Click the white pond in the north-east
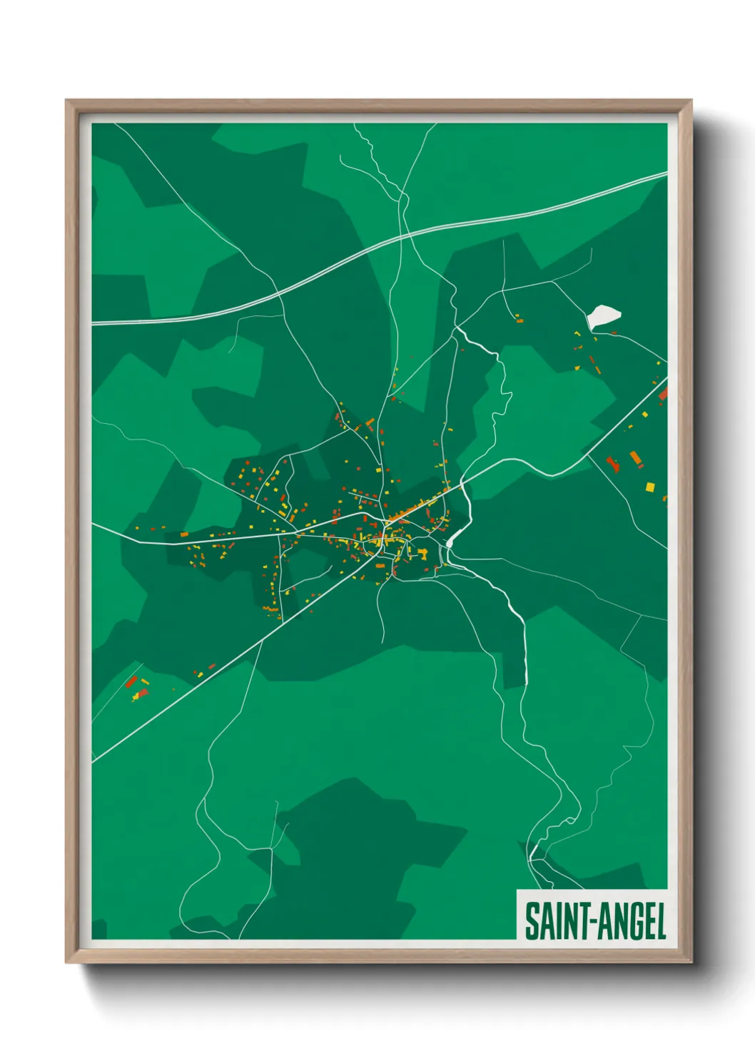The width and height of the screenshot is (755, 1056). [603, 317]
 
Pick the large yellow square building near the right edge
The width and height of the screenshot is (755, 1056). [650, 487]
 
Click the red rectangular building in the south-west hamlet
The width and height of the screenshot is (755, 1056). [131, 682]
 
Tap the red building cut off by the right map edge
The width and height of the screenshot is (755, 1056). [663, 393]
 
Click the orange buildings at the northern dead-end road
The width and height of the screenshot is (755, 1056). [519, 319]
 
